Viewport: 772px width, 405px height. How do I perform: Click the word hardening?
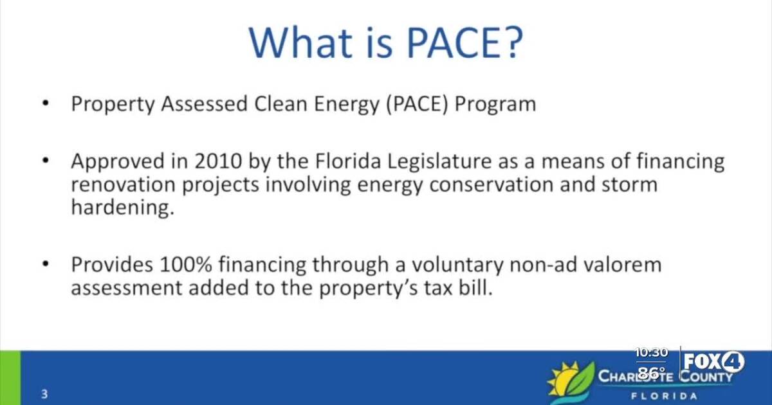pyautogui.click(x=122, y=208)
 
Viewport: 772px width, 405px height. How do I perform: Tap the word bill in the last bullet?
pyautogui.click(x=477, y=288)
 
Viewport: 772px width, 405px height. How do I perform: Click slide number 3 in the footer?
pyautogui.click(x=44, y=394)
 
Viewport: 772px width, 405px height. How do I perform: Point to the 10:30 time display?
pyautogui.click(x=651, y=352)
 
